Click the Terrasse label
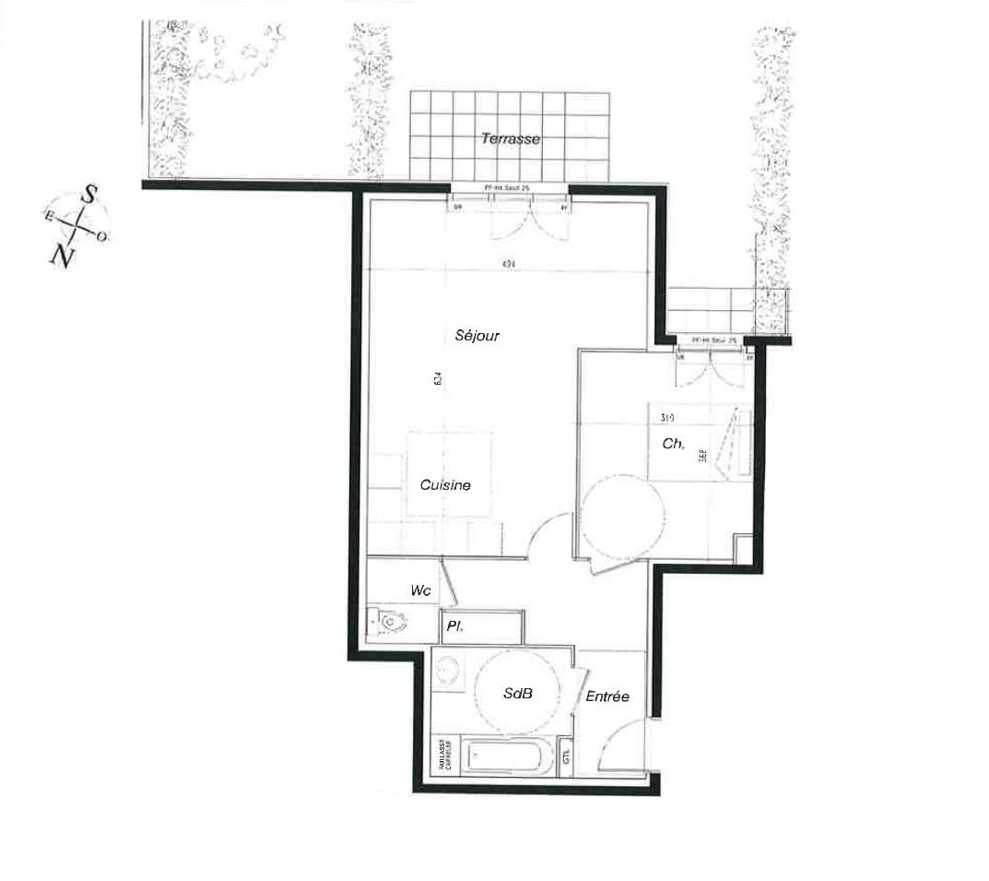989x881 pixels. [x=509, y=139]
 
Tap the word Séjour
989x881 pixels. [x=477, y=336]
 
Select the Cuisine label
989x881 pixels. [x=445, y=485]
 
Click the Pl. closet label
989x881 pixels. [x=453, y=627]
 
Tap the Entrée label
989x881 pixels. [x=607, y=696]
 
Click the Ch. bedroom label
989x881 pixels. [x=673, y=444]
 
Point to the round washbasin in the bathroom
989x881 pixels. [x=449, y=670]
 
